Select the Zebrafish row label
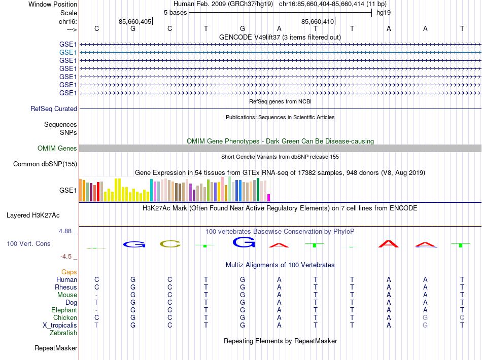pyautogui.click(x=63, y=333)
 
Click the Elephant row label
pyautogui.click(x=64, y=310)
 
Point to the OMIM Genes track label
pyautogui.click(x=57, y=149)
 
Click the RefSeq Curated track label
pyautogui.click(x=54, y=109)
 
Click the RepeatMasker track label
pyautogui.click(x=56, y=348)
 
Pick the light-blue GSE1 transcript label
pyautogui.click(x=68, y=52)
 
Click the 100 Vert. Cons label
pyautogui.click(x=28, y=244)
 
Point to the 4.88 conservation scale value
pyautogui.click(x=68, y=231)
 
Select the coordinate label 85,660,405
pyautogui.click(x=134, y=22)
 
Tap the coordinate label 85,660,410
pyautogui.click(x=317, y=22)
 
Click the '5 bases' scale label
pyautogui.click(x=175, y=12)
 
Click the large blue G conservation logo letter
pyautogui.click(x=243, y=242)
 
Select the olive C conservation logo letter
pyautogui.click(x=170, y=244)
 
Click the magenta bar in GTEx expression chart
pyautogui.click(x=269, y=198)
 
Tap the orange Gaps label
pyautogui.click(x=69, y=272)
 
